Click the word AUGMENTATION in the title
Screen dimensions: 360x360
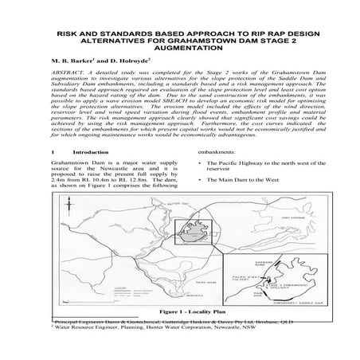[179, 49]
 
